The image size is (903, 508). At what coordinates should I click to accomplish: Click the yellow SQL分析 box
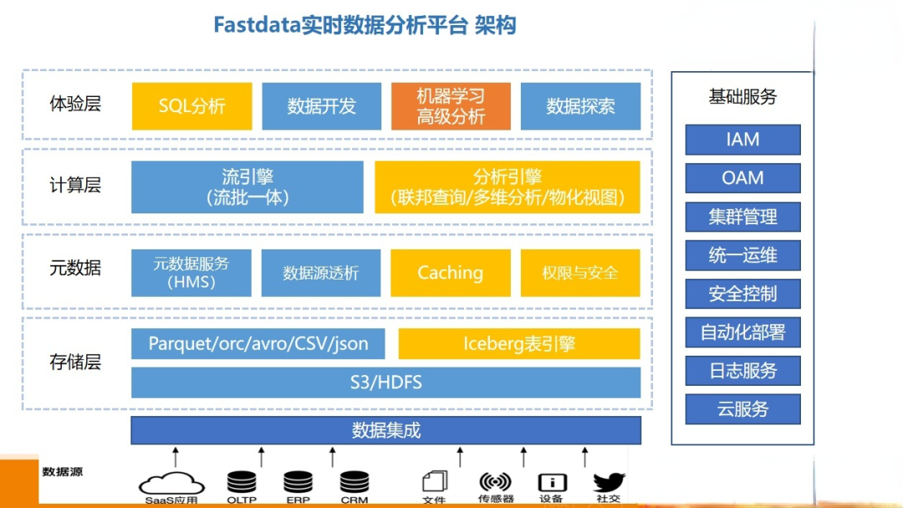coord(191,106)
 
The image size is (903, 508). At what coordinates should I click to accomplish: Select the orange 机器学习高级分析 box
coord(451,106)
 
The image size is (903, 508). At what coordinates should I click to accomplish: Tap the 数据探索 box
coord(580,106)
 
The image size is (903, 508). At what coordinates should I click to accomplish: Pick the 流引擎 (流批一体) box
coord(247,187)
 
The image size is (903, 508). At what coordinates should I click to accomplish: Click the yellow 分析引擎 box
coord(507,187)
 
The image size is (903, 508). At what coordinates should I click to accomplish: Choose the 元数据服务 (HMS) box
coord(191,273)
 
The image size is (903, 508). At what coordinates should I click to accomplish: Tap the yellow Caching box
coord(451,273)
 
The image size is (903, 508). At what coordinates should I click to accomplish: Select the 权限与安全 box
coord(580,273)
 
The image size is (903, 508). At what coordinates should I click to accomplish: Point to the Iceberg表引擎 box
coord(519,344)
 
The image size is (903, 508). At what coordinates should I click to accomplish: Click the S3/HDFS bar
coord(385,382)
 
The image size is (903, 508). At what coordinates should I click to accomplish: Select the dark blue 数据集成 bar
coord(385,431)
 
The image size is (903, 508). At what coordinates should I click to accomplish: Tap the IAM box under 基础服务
coord(742,140)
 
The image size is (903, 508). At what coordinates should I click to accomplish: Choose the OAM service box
coord(742,178)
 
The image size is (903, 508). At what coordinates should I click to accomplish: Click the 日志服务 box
coord(742,371)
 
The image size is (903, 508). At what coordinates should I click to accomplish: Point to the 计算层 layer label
coord(75,186)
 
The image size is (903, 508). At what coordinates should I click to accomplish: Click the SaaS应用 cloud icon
coord(172,483)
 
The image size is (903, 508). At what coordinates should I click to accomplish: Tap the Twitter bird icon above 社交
coord(609,482)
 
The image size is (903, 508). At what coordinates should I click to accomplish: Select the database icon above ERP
coord(298,482)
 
